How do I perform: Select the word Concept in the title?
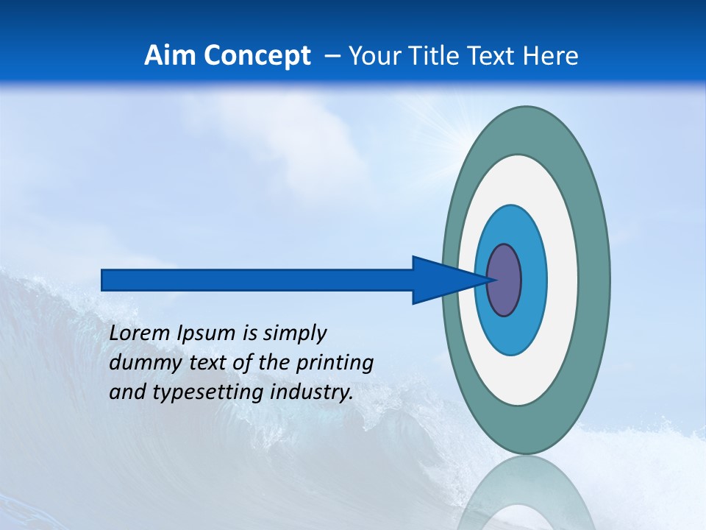[x=257, y=55]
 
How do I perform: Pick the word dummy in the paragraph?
[x=139, y=363]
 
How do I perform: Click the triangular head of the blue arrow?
[x=441, y=280]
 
